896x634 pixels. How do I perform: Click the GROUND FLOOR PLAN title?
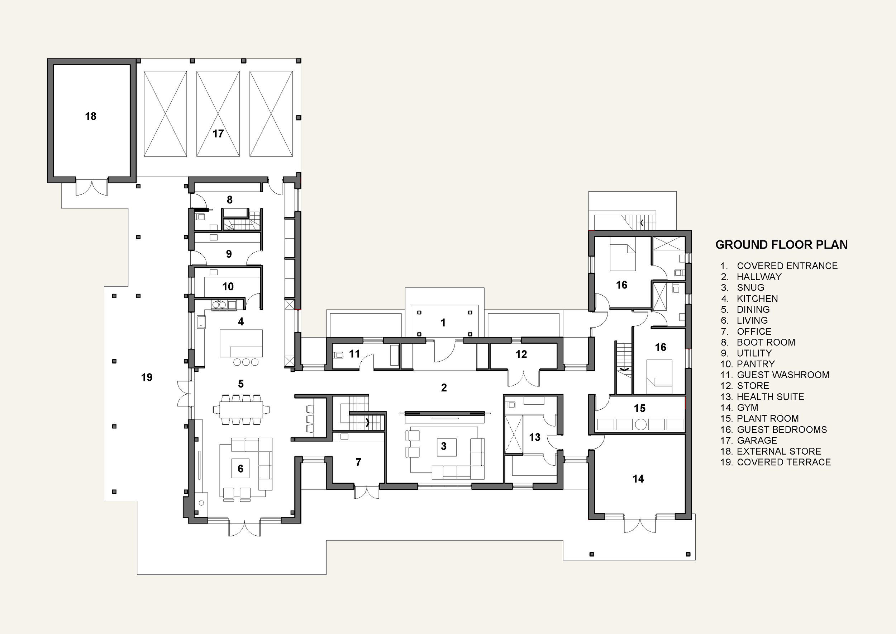click(781, 245)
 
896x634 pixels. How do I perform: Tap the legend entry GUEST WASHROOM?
click(782, 375)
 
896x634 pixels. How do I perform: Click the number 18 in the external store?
click(91, 116)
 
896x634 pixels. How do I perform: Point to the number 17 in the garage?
click(218, 133)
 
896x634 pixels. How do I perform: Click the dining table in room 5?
click(241, 410)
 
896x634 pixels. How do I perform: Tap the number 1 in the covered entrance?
click(443, 323)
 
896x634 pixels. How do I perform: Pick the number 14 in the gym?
click(638, 479)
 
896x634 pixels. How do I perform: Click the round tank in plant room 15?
click(641, 424)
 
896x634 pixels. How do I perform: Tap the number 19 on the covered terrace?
click(147, 377)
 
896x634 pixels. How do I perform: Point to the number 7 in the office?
click(358, 462)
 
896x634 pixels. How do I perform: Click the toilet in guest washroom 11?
click(338, 355)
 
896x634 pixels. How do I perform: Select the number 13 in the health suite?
click(535, 437)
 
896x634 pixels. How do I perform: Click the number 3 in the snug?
click(443, 446)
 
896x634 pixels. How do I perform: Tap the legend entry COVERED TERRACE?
click(783, 462)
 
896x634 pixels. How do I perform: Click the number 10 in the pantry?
click(228, 287)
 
